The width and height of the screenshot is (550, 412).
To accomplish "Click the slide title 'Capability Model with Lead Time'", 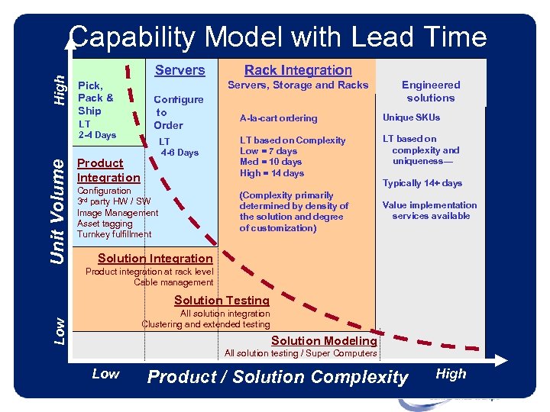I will tap(277, 37).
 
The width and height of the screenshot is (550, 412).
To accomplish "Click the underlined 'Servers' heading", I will tap(180, 70).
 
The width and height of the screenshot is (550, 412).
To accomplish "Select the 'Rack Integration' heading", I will tap(298, 70).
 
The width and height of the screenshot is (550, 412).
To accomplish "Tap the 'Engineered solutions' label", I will tap(431, 92).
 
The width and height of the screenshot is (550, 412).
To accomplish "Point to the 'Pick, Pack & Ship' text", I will tap(96, 98).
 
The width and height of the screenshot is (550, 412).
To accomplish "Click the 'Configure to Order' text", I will tap(178, 112).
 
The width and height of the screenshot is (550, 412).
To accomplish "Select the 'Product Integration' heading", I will tap(108, 170).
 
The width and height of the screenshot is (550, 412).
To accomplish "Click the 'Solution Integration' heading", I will tap(155, 259).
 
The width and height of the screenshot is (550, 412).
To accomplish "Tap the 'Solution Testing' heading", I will tap(222, 301).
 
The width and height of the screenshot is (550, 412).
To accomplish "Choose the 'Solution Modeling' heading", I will tap(324, 341).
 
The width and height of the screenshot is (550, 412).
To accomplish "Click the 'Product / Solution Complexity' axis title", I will tap(278, 377).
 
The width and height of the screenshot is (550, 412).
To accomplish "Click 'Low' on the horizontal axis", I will tap(105, 374).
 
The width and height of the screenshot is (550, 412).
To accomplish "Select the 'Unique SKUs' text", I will tap(411, 117).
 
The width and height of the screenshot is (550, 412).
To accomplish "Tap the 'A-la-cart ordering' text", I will tap(278, 118).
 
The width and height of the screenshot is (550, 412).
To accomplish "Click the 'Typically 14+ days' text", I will tap(422, 183).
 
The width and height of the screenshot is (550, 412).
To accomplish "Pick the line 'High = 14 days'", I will tap(272, 173).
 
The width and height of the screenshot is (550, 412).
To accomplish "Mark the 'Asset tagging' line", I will tap(105, 224).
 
